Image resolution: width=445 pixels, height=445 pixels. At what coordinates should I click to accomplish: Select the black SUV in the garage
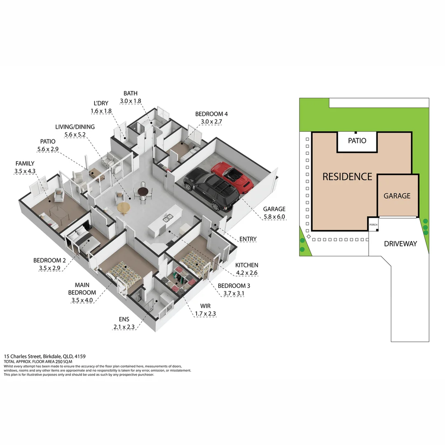pos(211,190)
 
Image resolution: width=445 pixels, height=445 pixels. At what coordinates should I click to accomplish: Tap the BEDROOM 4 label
pos(211,114)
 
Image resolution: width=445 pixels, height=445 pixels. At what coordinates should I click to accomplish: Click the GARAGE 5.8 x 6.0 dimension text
pos(274,216)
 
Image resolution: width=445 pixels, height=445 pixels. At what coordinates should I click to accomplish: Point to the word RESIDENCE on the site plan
pos(347,177)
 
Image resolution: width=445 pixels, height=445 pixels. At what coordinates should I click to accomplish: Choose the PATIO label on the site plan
pos(357,141)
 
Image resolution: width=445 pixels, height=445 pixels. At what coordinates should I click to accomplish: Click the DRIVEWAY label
pos(400,244)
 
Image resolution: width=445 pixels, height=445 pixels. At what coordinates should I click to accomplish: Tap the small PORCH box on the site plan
pos(373,225)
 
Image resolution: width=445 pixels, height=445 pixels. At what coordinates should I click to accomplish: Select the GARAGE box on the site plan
pos(397,196)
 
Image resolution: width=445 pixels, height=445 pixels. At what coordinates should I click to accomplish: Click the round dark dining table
pos(143,191)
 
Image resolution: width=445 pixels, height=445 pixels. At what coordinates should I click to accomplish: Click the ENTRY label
pos(248,239)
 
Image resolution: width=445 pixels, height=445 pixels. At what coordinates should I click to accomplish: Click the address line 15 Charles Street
pos(45,356)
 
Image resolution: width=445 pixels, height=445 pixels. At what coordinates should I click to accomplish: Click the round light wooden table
pos(123,208)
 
